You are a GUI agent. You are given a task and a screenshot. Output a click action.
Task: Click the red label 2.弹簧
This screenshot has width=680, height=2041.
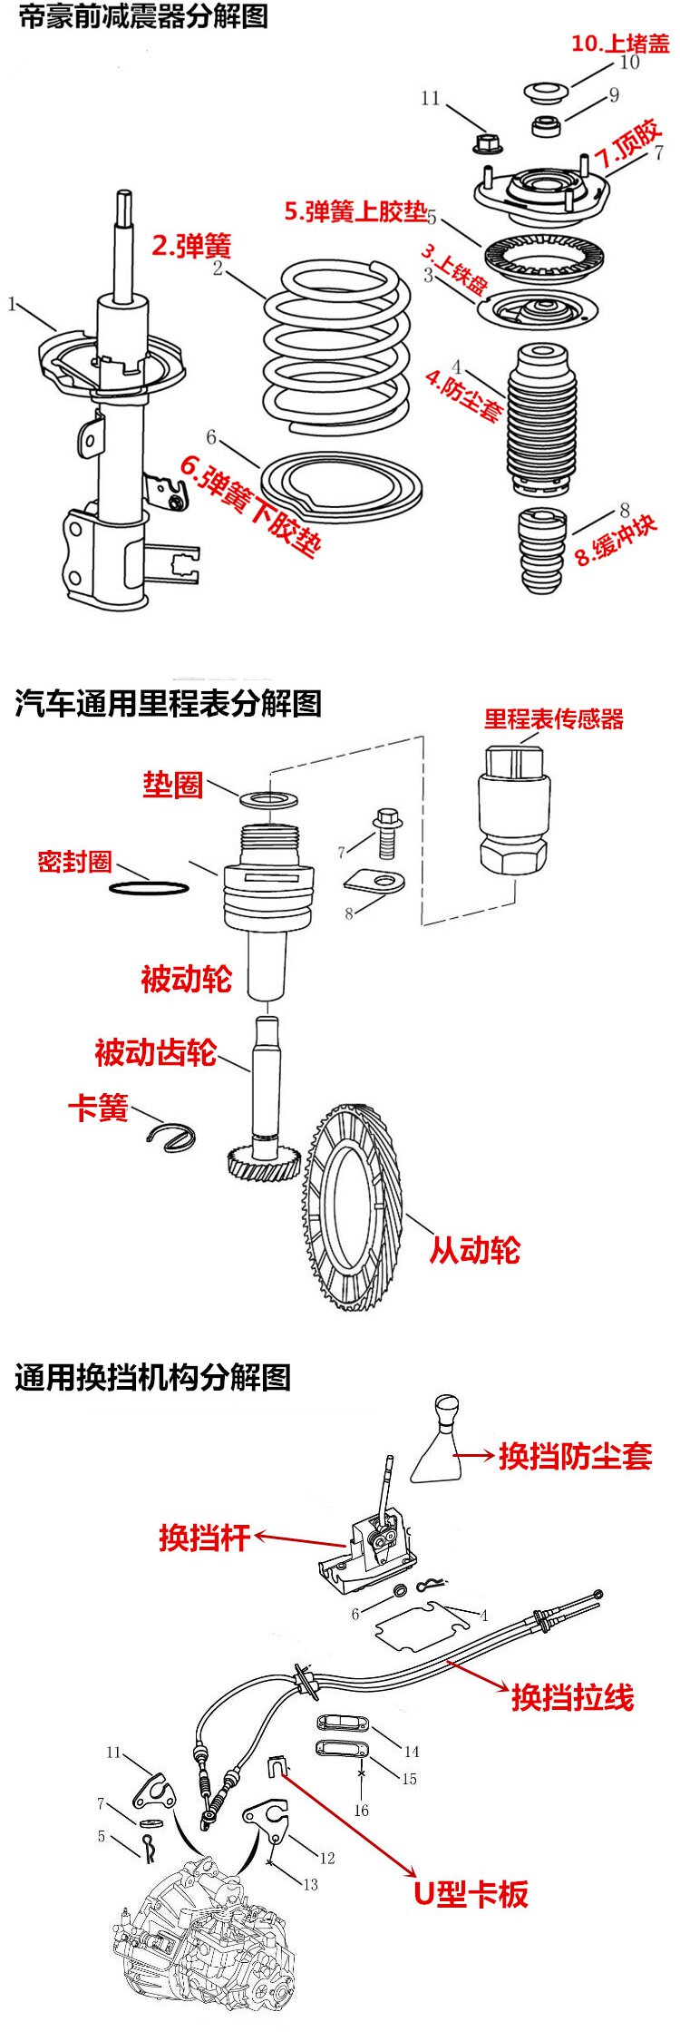pos(191,245)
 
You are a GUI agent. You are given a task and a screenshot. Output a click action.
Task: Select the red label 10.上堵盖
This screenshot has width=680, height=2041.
pos(620,43)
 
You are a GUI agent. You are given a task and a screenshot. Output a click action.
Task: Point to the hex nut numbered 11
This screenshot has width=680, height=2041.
pos(486,143)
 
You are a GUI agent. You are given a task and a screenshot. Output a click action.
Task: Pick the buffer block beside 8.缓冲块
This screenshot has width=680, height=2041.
pos(542,551)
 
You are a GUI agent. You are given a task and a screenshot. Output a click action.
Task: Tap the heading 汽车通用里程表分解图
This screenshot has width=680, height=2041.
pos(169,703)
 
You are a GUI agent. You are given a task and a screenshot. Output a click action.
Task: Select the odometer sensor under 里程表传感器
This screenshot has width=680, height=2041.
pos(512,810)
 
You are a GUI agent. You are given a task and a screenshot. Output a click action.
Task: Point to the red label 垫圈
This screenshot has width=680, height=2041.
pos(172,785)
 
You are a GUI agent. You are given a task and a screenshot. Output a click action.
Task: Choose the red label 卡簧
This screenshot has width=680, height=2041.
pos(98,1108)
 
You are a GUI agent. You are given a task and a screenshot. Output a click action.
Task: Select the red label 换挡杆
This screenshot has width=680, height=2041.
pos(204,1537)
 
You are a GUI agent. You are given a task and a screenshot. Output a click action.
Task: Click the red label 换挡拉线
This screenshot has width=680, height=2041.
pos(572,1696)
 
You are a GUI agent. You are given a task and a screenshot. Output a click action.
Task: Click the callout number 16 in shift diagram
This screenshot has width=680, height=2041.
pos(361,1811)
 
